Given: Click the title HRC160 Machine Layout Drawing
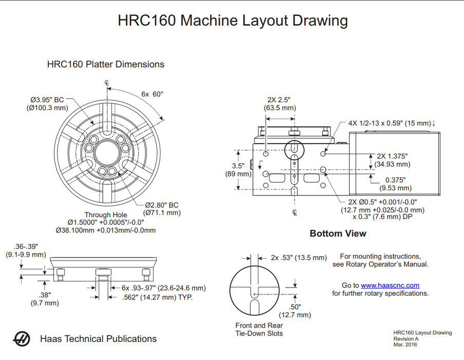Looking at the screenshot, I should coord(232,21).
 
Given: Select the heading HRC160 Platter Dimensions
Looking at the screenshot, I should coord(105,64).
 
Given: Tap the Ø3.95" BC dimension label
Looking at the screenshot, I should coord(47,99).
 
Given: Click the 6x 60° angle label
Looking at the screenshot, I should coord(152,94).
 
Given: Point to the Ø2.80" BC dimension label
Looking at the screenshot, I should coord(161,204).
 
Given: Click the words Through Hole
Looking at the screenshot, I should coord(106,215).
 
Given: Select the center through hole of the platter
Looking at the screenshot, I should coord(107,148).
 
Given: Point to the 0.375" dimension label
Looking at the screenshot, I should coord(395,180).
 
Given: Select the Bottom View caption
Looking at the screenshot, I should coord(338,233).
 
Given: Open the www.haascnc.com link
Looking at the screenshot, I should coord(390,285).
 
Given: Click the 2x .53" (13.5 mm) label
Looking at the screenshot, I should coord(299,257).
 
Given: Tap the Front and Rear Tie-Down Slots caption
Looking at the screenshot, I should coord(259,329).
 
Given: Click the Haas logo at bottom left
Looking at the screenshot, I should coord(21,339).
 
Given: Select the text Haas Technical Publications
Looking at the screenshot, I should coord(98,339).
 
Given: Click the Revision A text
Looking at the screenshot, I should coord(406,339).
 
